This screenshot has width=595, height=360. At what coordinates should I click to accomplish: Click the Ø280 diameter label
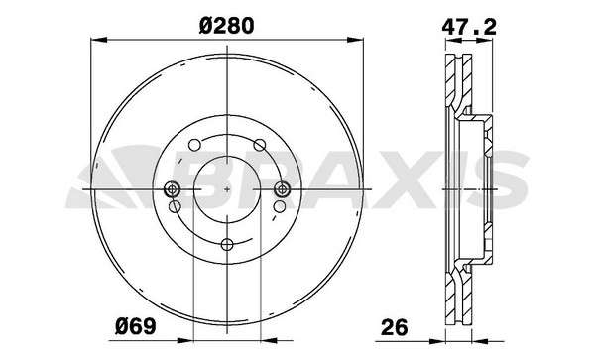pyautogui.click(x=226, y=26)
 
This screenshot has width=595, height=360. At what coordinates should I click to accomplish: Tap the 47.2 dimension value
pyautogui.click(x=469, y=27)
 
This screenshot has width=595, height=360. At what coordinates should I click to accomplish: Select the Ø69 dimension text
pyautogui.click(x=136, y=326)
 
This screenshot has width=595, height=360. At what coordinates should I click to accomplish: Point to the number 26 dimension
pyautogui.click(x=395, y=326)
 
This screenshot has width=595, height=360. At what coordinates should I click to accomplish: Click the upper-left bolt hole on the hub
pyautogui.click(x=194, y=145)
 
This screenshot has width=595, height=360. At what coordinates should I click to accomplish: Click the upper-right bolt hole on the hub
pyautogui.click(x=260, y=145)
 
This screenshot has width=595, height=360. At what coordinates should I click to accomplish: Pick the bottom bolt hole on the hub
pyautogui.click(x=227, y=244)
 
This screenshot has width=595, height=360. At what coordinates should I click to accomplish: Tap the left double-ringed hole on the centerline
pyautogui.click(x=173, y=188)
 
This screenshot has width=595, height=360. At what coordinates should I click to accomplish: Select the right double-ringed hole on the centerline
pyautogui.click(x=282, y=188)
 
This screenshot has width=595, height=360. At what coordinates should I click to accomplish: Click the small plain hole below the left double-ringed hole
pyautogui.click(x=175, y=206)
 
